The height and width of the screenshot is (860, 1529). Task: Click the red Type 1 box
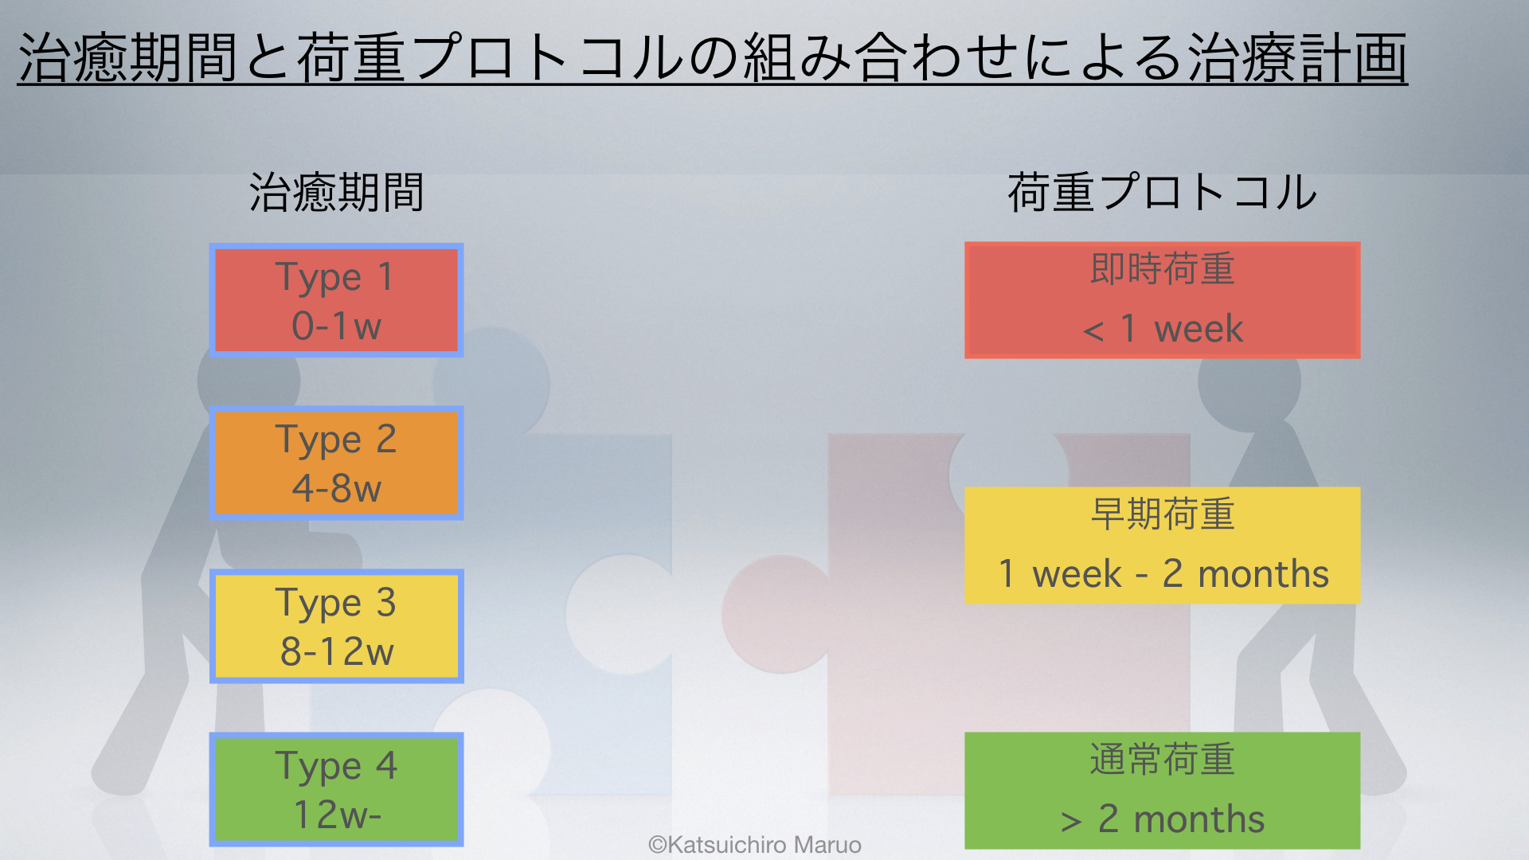[336, 300]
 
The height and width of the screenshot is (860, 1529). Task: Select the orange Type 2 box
[336, 463]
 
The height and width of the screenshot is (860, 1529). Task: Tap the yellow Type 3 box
[336, 626]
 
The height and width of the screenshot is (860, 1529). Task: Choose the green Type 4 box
[336, 789]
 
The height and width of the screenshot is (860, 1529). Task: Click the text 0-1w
[336, 326]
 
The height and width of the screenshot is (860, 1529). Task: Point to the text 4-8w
[336, 488]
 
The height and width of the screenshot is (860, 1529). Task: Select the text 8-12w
[337, 651]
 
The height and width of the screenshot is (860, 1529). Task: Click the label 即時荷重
[1163, 269]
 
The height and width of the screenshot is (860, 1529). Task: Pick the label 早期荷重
[1163, 514]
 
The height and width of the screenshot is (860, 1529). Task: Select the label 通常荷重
[1163, 760]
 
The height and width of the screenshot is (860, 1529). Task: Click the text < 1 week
[1163, 329]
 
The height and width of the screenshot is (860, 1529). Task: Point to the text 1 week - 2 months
[1163, 574]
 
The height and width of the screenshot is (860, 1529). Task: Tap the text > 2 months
[1163, 819]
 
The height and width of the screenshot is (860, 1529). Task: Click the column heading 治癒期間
[336, 193]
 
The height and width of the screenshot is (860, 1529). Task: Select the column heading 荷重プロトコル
[1163, 193]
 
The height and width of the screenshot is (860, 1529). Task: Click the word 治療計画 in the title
[1298, 58]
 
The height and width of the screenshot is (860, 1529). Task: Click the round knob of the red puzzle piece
[776, 614]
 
